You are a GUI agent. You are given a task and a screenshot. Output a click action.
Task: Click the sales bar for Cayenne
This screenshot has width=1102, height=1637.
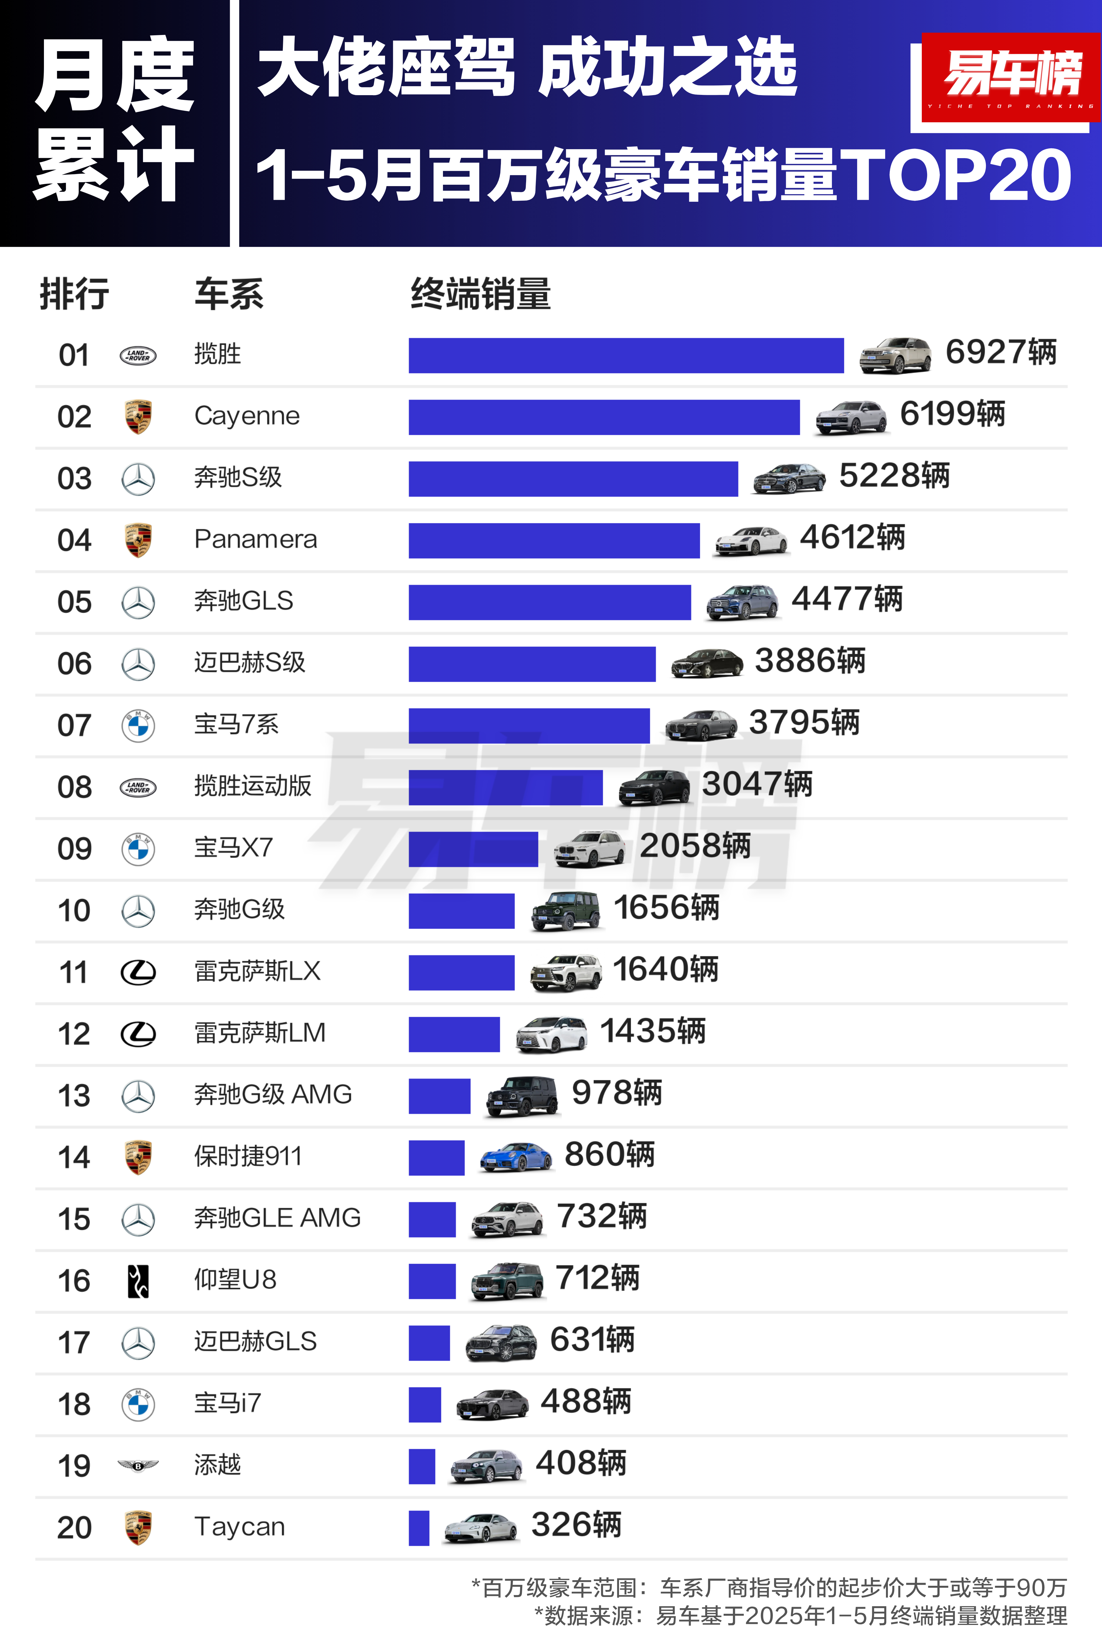click(x=604, y=417)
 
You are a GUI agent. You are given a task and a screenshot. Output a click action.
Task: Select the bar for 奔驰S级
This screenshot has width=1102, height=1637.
click(x=573, y=479)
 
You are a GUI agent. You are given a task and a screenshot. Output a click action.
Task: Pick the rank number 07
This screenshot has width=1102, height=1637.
click(x=74, y=725)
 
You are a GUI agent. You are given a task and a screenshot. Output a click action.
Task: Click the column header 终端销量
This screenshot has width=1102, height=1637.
click(x=481, y=294)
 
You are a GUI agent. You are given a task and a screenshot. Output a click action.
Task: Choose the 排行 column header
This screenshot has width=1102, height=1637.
click(x=74, y=294)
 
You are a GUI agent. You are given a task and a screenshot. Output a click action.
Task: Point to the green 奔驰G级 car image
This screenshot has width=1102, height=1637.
click(x=566, y=911)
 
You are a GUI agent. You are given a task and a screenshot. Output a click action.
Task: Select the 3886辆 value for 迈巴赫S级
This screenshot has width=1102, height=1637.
click(x=810, y=661)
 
